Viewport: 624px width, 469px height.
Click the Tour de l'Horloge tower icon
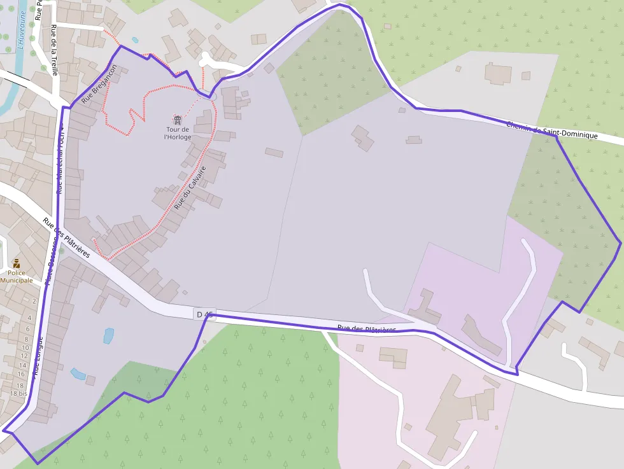[x=177, y=120]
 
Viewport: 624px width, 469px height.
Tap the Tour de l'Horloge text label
[x=178, y=133]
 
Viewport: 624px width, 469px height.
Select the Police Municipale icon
[x=17, y=263]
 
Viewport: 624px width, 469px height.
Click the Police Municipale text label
[x=17, y=277]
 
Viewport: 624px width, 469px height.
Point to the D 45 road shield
[x=205, y=314]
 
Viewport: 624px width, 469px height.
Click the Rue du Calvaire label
[x=190, y=188]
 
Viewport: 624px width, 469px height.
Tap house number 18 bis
[x=18, y=394]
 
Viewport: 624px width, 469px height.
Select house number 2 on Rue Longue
[x=34, y=300]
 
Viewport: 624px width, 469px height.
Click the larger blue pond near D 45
[x=109, y=335]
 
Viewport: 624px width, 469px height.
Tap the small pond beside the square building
[x=78, y=374]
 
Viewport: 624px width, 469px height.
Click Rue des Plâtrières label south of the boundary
[x=367, y=329]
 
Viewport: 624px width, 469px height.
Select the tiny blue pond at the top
[x=135, y=40]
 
